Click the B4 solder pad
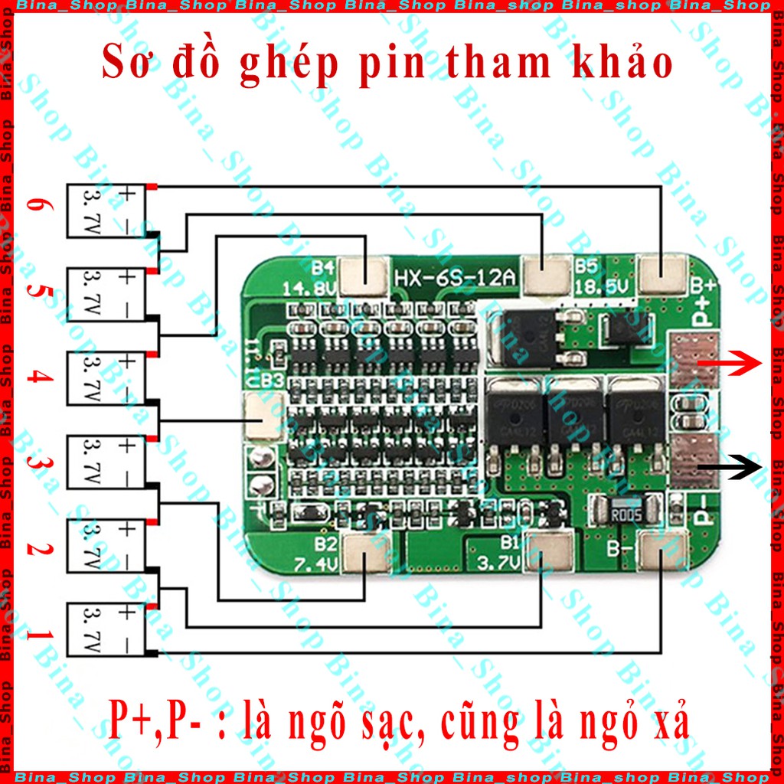pos(362,276)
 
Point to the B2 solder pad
pos(363,552)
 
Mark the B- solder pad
pos(660,552)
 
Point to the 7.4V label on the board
pos(315,565)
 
